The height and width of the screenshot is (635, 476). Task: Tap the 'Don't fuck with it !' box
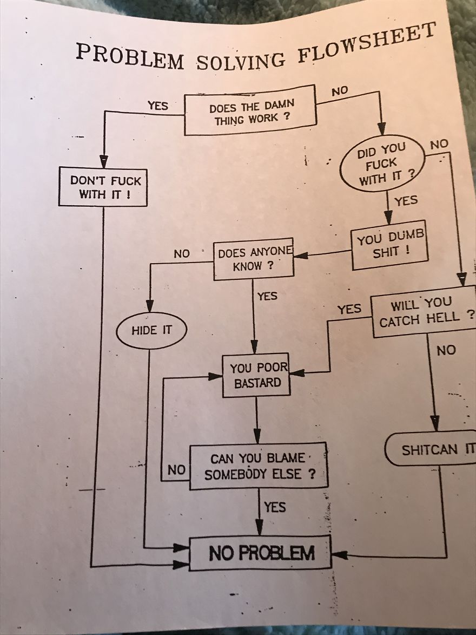point(103,186)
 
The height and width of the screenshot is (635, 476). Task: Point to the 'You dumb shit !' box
point(388,245)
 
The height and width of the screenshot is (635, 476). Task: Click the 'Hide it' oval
point(151,330)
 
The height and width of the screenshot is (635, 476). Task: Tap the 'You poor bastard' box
point(256,375)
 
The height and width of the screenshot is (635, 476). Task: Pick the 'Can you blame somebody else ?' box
point(259,466)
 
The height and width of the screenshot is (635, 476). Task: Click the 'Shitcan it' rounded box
point(433,449)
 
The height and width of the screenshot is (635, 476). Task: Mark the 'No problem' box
point(260,553)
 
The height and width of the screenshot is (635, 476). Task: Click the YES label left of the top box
point(158,106)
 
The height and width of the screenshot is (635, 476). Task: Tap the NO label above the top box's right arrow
point(340,90)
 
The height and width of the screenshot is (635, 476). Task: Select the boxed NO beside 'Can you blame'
point(176,470)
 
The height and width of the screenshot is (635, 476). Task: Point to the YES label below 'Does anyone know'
point(267,296)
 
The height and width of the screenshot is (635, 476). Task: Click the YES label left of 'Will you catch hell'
point(349,309)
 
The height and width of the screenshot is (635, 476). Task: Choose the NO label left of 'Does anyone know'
point(182,253)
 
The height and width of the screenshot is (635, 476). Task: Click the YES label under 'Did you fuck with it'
point(406,201)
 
